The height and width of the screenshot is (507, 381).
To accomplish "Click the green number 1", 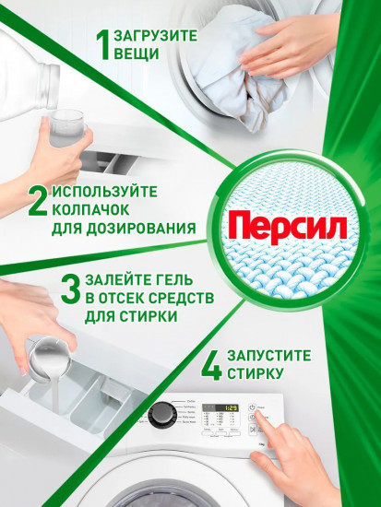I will coord(106,44).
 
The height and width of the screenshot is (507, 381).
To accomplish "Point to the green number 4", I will coord(211,362).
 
